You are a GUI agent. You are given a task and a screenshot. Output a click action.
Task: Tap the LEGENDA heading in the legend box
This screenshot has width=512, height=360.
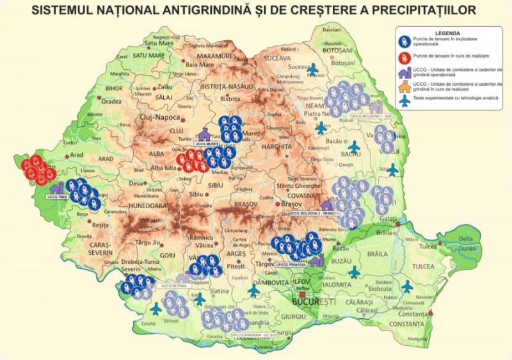click(447, 32)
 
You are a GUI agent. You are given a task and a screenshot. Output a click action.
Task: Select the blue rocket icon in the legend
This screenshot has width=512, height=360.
click(404, 42)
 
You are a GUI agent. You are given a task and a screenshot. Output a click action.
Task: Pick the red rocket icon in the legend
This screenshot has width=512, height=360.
click(404, 58)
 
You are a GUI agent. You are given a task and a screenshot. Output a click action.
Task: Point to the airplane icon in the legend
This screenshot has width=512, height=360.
click(404, 101)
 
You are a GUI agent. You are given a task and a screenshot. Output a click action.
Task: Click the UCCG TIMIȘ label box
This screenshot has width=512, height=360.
click(57, 197)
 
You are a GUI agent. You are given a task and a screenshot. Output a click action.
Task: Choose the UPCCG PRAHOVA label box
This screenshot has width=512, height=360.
click(291, 263)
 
